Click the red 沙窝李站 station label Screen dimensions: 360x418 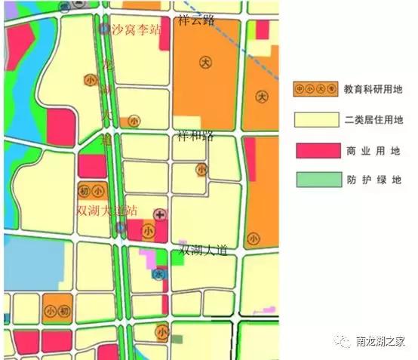click(x=137, y=31)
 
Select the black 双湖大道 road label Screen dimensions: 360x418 click(x=204, y=250)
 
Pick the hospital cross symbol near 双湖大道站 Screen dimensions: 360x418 click(x=160, y=215)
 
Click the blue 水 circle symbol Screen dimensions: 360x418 click(x=158, y=275)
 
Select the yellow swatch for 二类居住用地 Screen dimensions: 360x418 click(x=315, y=119)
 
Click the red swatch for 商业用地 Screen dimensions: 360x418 click(x=315, y=150)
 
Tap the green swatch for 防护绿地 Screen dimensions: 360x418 click(x=315, y=180)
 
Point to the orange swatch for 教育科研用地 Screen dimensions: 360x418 click(x=315, y=89)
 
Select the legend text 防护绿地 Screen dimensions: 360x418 click(x=373, y=180)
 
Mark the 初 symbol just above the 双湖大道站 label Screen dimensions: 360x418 click(x=85, y=190)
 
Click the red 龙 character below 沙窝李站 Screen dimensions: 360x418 click(x=107, y=66)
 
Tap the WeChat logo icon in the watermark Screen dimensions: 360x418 click(x=343, y=342)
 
